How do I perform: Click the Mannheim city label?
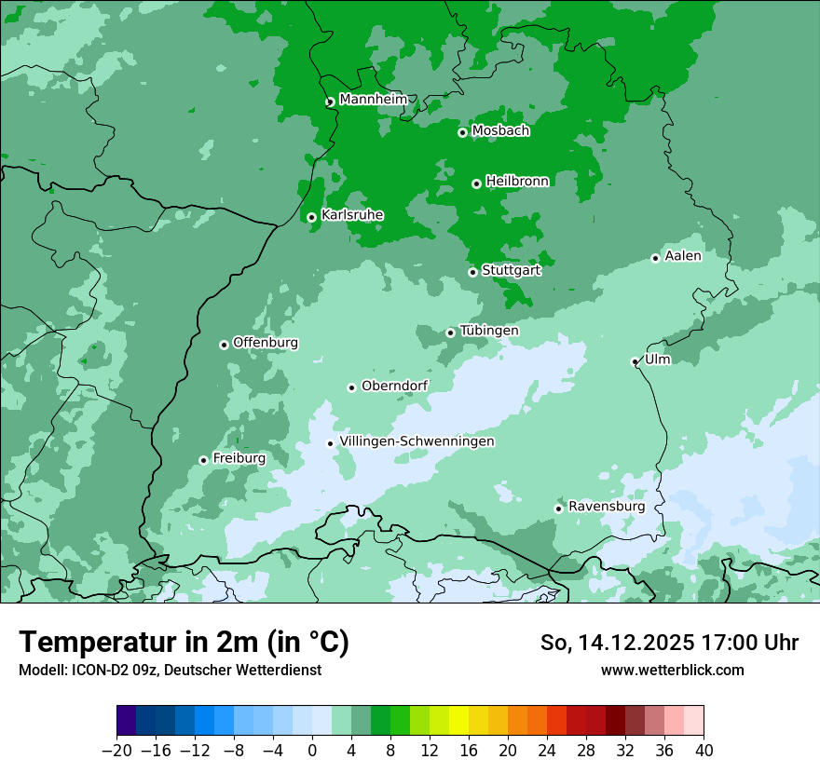[373, 100]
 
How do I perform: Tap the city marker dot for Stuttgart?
[472, 272]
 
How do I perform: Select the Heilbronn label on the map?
[517, 182]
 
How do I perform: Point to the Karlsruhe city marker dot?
[311, 217]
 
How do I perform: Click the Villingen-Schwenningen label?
[417, 441]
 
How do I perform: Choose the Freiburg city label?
[239, 458]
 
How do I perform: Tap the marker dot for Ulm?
[635, 361]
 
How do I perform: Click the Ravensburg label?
[607, 507]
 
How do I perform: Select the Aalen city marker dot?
[655, 258]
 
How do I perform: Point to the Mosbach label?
[500, 131]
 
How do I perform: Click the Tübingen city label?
[489, 331]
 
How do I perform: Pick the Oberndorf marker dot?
[351, 387]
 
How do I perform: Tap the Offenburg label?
[266, 343]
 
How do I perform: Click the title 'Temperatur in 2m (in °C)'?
[184, 643]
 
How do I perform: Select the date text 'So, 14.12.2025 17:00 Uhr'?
[669, 643]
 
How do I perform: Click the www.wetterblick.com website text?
[672, 670]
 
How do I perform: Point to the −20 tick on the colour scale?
[117, 751]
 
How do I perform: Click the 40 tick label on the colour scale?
[704, 751]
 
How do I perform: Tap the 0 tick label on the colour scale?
[312, 751]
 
